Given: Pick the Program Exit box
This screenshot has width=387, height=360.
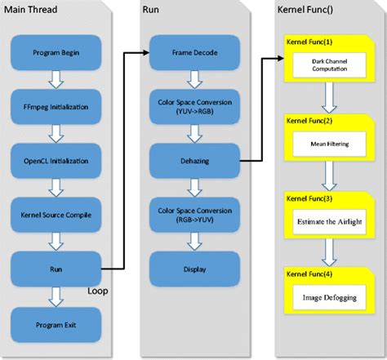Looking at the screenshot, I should (x=55, y=324).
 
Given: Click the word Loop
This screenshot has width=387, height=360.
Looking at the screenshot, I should (x=99, y=289).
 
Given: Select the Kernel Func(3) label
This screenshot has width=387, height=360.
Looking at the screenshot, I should (x=308, y=198).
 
